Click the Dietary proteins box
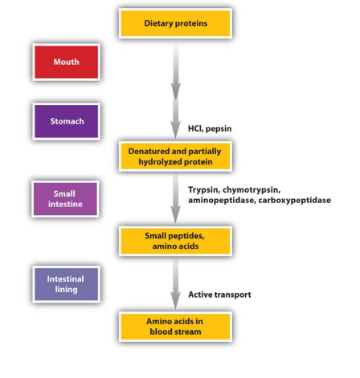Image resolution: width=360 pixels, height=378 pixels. (175, 23)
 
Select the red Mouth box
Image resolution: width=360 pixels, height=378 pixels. (66, 62)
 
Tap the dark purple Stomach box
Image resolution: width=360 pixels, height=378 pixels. (66, 122)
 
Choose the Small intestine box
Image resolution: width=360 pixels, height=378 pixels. (64, 199)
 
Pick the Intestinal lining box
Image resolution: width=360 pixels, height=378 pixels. (66, 284)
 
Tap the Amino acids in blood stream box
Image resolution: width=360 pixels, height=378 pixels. (175, 326)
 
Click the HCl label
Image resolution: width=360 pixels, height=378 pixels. (194, 128)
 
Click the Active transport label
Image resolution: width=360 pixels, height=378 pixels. (219, 295)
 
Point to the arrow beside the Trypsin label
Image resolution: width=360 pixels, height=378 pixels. (175, 197)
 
